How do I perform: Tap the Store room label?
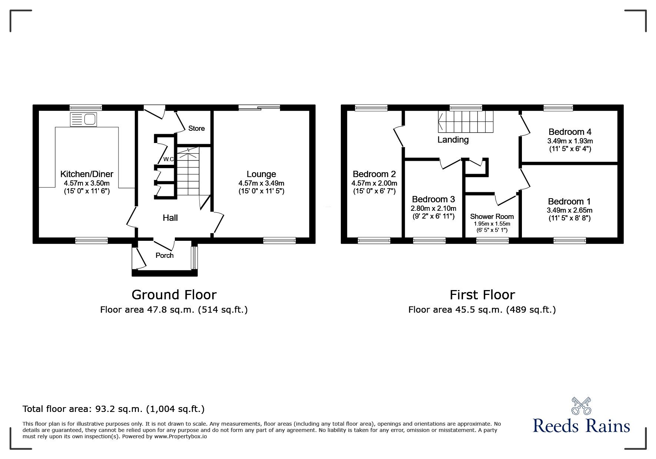pos(196,129)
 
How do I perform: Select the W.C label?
pos(169,159)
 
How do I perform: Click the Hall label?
pos(170,218)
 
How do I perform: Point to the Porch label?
pos(164,255)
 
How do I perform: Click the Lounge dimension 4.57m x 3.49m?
pos(262,183)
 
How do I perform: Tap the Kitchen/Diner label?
pos(87,174)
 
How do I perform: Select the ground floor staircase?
pos(188,172)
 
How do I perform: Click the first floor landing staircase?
pos(466,121)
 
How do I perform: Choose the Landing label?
pos(453,140)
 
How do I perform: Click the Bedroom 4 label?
pos(570,132)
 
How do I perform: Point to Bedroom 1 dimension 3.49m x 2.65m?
pos(569,210)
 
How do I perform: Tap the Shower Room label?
pos(492,216)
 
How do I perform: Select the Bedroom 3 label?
pos(433,199)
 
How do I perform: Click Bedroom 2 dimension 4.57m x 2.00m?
pos(374,183)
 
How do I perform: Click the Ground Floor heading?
pos(174,295)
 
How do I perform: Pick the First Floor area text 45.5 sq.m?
pos(482,310)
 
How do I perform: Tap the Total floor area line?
pos(113,409)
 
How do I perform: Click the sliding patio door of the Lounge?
pos(259,108)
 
